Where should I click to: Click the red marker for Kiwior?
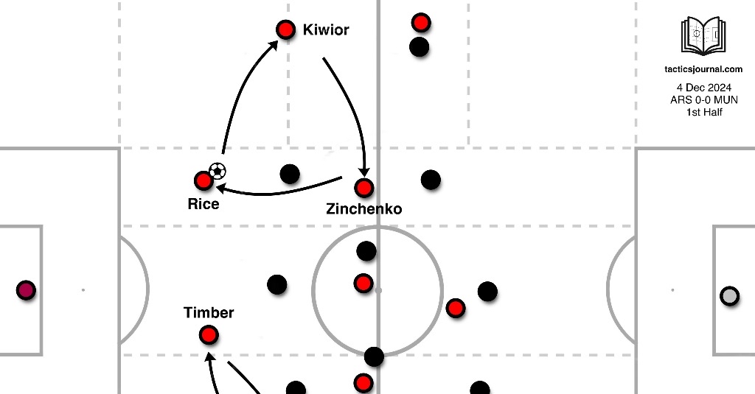pyautogui.click(x=285, y=30)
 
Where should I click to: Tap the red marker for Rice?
pyautogui.click(x=203, y=180)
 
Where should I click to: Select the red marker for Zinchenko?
pyautogui.click(x=364, y=188)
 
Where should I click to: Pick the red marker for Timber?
pyautogui.click(x=209, y=335)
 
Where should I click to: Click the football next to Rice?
pyautogui.click(x=218, y=172)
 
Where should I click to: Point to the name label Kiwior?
pyautogui.click(x=326, y=31)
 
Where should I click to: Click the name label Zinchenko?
pyautogui.click(x=364, y=209)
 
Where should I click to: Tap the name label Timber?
pyautogui.click(x=209, y=313)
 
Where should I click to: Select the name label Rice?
pyautogui.click(x=203, y=203)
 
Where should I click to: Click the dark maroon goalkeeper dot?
pyautogui.click(x=27, y=291)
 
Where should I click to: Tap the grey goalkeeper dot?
pyautogui.click(x=729, y=296)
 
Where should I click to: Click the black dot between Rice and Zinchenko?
pyautogui.click(x=290, y=175)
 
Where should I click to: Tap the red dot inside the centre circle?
pyautogui.click(x=363, y=284)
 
